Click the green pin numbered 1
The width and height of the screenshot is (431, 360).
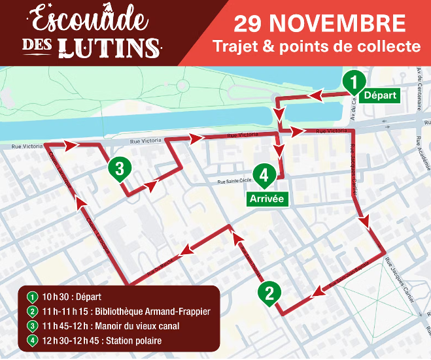pyautogui.click(x=353, y=82)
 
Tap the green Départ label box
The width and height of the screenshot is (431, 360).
pyautogui.click(x=380, y=95)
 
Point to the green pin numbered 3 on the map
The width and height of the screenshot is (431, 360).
pyautogui.click(x=119, y=168)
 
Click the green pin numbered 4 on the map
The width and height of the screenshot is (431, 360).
pyautogui.click(x=264, y=175)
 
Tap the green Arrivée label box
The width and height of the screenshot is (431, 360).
pyautogui.click(x=267, y=199)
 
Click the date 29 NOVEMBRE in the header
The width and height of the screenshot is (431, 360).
pyautogui.click(x=320, y=24)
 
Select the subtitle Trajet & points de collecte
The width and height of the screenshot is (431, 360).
pyautogui.click(x=317, y=46)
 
